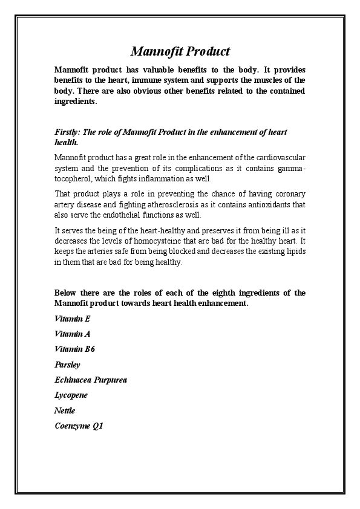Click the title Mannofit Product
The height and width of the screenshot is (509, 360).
[180, 51]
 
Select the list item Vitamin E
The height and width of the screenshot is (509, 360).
[72, 319]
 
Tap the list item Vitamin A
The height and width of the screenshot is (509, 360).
[72, 334]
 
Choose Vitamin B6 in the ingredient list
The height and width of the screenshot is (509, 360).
[74, 349]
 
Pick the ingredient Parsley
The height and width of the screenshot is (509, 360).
[67, 365]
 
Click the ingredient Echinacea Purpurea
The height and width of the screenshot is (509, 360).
[91, 380]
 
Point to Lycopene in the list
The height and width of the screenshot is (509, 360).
[71, 395]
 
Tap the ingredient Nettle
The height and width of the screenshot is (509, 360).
[65, 410]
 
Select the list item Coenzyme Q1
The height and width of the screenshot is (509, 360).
[79, 426]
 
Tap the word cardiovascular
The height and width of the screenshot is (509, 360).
[278, 157]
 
